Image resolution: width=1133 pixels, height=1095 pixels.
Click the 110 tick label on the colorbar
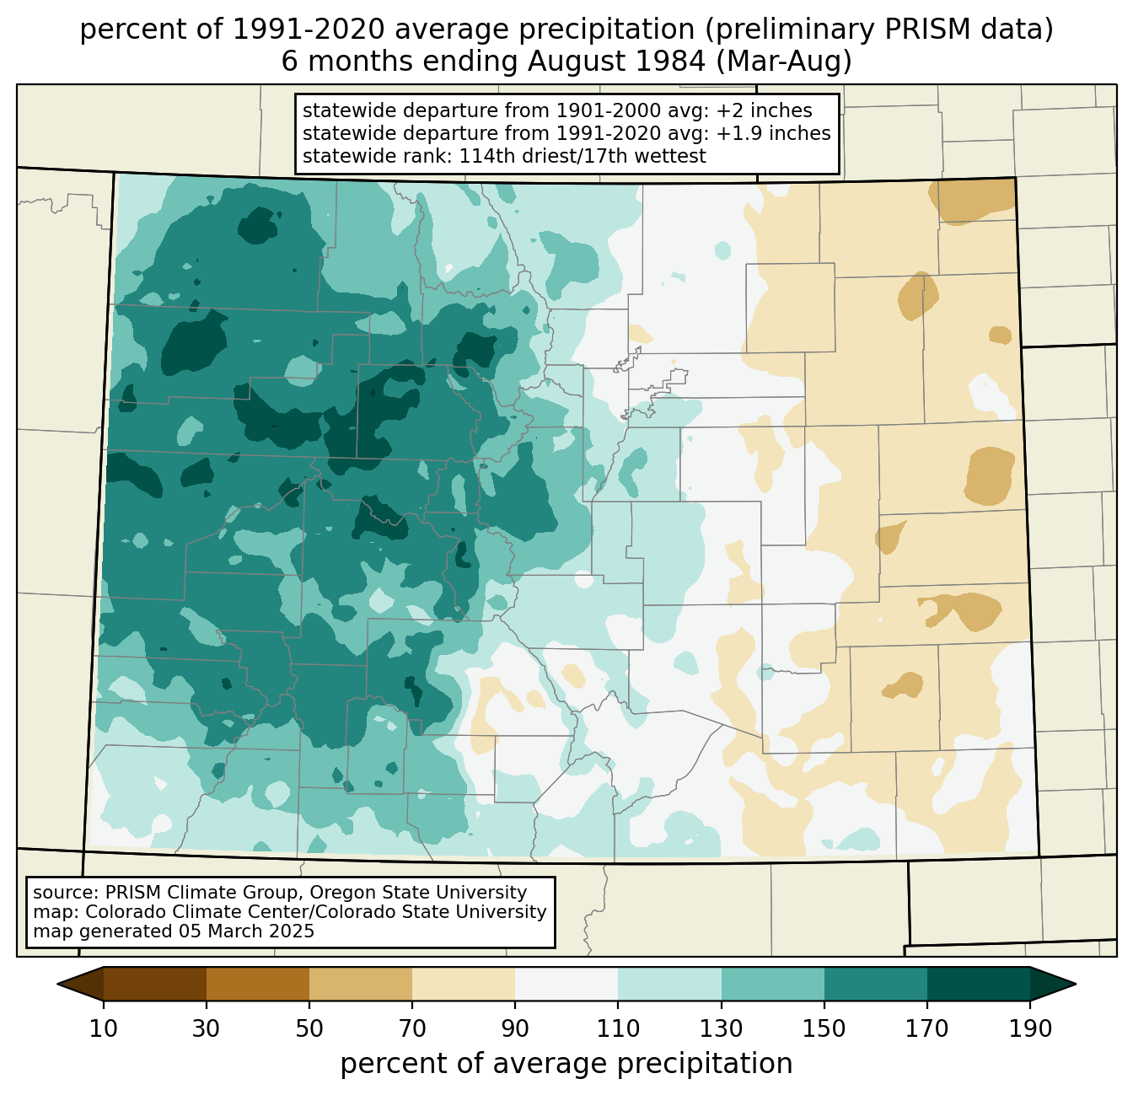[618, 1028]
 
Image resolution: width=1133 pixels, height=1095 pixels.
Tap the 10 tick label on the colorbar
[103, 1028]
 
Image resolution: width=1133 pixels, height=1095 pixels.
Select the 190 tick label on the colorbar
[1030, 1028]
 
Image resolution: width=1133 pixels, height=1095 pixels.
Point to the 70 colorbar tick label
[412, 1028]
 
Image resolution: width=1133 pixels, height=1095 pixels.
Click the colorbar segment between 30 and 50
[257, 984]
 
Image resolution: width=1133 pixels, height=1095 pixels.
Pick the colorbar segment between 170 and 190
[978, 984]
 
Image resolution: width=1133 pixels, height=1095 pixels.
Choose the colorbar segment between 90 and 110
[566, 984]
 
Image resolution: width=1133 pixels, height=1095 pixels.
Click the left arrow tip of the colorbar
[57, 984]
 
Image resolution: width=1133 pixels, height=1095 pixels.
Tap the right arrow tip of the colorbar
[1076, 984]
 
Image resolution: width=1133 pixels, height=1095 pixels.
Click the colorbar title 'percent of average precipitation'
[566, 1064]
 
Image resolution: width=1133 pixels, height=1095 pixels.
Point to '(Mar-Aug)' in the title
[783, 62]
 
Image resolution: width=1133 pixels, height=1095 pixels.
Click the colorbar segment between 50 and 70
[361, 984]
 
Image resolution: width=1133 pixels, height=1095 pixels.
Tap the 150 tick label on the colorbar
[824, 1028]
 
